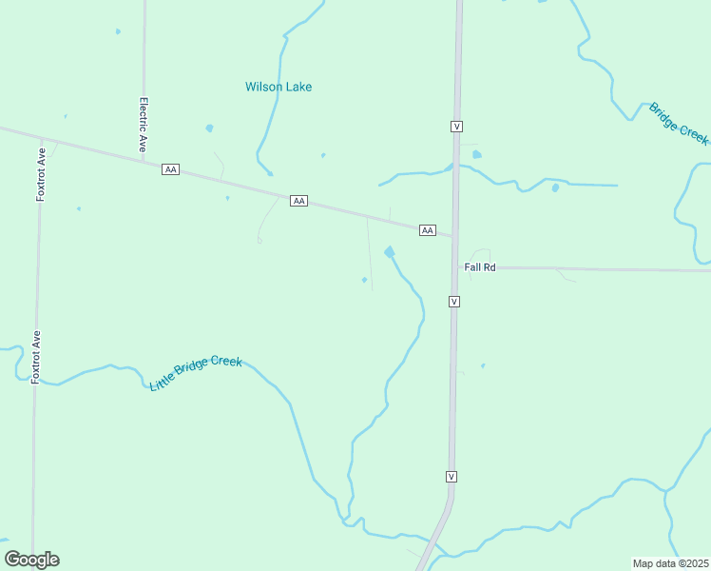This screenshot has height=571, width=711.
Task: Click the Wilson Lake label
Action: tap(279, 87)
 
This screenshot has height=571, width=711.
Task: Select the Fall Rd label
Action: tap(480, 267)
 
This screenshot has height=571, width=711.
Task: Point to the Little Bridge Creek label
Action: tap(196, 373)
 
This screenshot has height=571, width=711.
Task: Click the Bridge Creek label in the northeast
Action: tap(679, 123)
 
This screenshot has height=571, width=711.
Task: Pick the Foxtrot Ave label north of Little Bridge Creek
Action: tap(36, 357)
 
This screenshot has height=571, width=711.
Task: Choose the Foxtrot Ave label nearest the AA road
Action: tap(41, 174)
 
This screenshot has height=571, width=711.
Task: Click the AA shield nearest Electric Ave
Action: tap(170, 168)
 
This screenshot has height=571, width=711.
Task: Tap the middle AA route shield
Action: tap(298, 201)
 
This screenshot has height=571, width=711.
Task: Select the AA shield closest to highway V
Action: tap(427, 229)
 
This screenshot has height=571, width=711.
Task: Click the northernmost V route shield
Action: tap(457, 126)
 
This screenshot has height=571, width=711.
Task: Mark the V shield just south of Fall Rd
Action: tap(454, 301)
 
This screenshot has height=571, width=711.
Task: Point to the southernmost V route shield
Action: tap(452, 476)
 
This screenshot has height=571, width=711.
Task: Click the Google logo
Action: tap(31, 560)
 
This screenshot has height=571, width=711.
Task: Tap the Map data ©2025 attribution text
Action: tap(670, 562)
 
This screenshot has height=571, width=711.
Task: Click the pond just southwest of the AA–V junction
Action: tap(390, 252)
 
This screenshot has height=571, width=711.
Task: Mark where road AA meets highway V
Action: tap(454, 236)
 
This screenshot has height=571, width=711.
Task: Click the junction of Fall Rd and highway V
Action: tap(454, 267)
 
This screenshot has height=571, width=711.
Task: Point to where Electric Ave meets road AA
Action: tap(143, 159)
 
